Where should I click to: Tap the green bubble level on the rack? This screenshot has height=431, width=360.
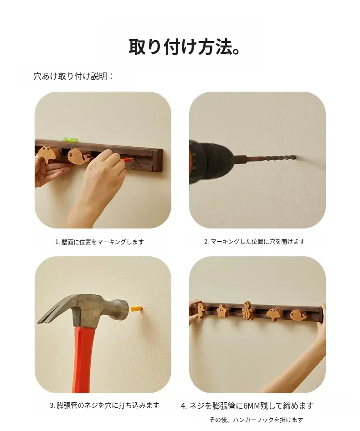pyautogui.click(x=70, y=140)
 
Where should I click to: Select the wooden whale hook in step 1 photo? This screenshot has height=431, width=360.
pyautogui.click(x=80, y=156)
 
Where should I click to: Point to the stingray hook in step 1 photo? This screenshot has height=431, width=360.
pyautogui.click(x=48, y=154)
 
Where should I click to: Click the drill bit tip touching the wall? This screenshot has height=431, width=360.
pyautogui.click(x=295, y=157)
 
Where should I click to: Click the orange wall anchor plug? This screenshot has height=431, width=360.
pyautogui.click(x=137, y=310)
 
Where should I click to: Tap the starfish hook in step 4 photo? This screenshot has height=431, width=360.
pyautogui.click(x=222, y=310)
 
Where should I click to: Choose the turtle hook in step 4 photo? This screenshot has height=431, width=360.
pyautogui.click(x=248, y=310)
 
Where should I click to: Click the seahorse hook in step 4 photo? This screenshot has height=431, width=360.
pyautogui.click(x=200, y=311)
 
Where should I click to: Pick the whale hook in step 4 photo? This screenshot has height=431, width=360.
pyautogui.click(x=299, y=314)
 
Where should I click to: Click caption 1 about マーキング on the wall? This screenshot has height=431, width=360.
pyautogui.click(x=99, y=242)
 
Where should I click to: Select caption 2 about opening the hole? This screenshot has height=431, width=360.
pyautogui.click(x=254, y=241)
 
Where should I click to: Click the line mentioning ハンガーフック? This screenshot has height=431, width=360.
pyautogui.click(x=257, y=420)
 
